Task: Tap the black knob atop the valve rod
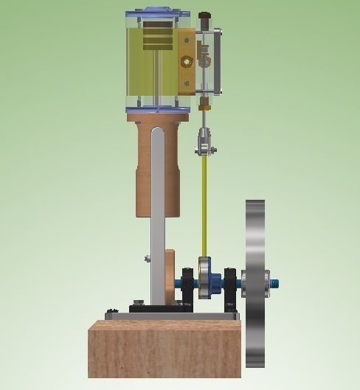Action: [x=204, y=15]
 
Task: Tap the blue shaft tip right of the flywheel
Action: [x=276, y=281]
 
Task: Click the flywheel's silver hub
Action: [x=264, y=280]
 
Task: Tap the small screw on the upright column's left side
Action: [x=148, y=257]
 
